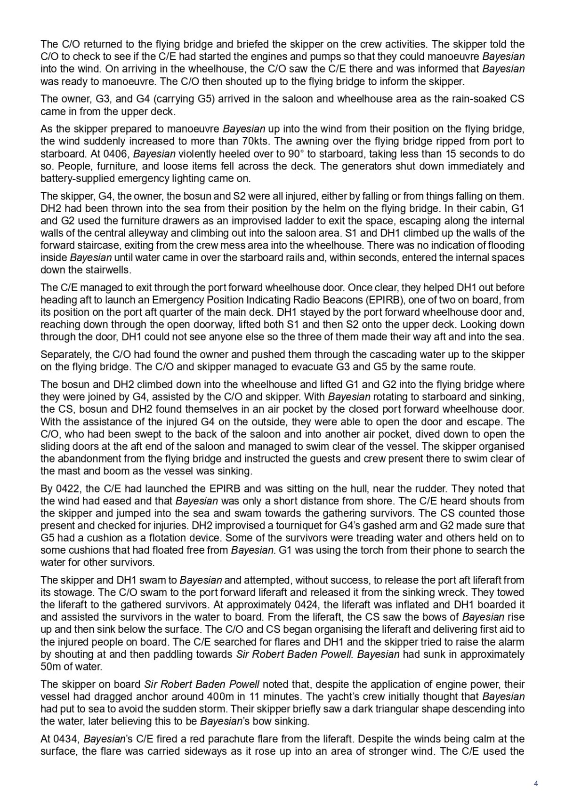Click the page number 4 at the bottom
(536, 783)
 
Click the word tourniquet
(273, 526)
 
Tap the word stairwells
(111, 270)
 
